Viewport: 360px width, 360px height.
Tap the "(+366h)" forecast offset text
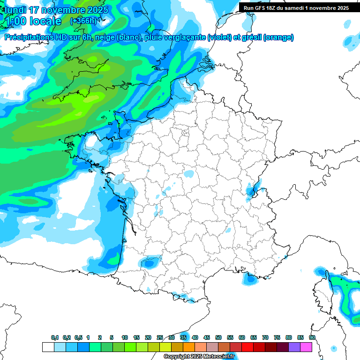(x=83, y=21)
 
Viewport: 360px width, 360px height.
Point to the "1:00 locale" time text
(x=33, y=21)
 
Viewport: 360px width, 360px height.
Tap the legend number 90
(x=312, y=337)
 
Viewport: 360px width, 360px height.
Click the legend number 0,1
(x=54, y=337)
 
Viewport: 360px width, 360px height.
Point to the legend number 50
(x=218, y=337)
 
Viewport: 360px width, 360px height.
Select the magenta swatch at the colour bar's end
(x=306, y=347)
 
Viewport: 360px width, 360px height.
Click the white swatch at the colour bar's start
(x=48, y=347)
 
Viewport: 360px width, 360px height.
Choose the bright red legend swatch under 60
(x=247, y=347)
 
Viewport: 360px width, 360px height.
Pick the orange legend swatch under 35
(x=189, y=347)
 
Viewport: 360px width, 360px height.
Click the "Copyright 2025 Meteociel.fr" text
(x=199, y=357)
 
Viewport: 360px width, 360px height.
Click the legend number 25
(x=160, y=337)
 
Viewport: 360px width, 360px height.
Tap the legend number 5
(x=112, y=337)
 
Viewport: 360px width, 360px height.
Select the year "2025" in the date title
(x=97, y=9)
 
